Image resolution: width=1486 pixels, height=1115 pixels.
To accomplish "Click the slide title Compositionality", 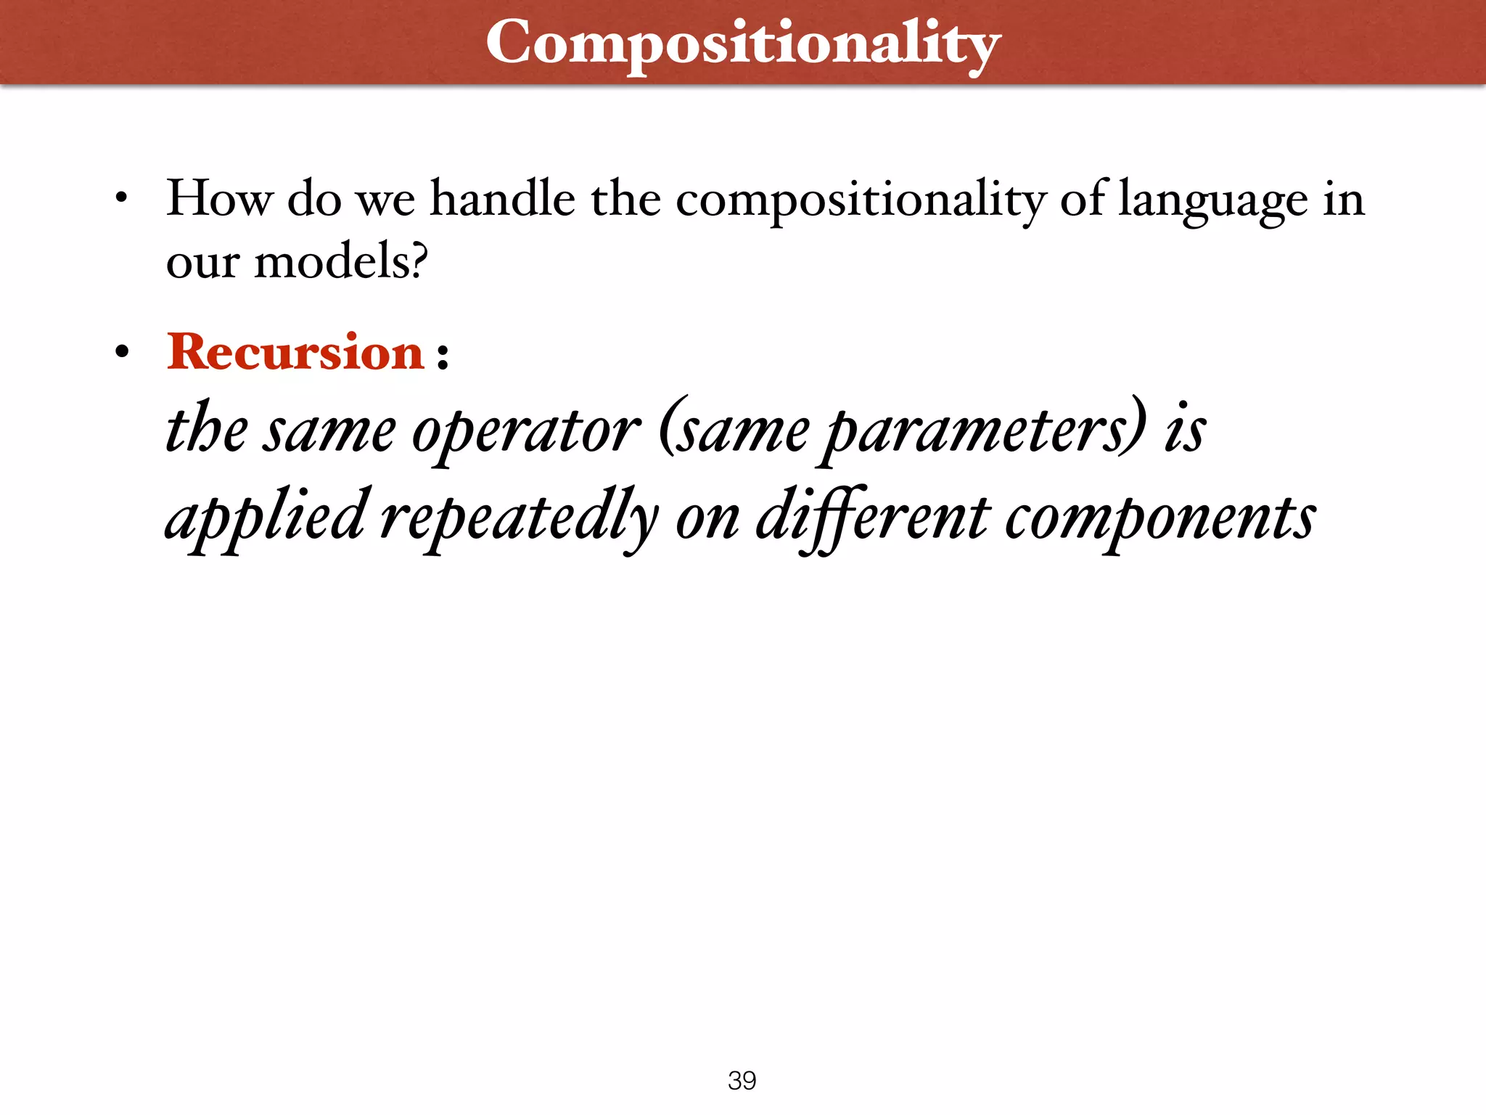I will coord(743,44).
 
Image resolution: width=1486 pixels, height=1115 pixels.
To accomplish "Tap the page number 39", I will coord(742,1080).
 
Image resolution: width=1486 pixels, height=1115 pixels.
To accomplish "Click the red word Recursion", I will coord(295,352).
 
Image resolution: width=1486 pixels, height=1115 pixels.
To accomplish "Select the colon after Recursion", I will coord(443,356).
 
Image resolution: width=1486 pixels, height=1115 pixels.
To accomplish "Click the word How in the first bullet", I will coord(219,198).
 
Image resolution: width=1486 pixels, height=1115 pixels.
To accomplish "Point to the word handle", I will coord(502,198).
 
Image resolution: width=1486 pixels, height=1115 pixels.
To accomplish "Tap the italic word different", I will coord(872,517).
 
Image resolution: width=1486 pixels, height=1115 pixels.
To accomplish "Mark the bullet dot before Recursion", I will coord(122,353).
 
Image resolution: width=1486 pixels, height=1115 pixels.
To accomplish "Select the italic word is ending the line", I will coord(1185,430).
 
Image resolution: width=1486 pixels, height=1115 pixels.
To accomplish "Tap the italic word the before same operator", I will coord(207,430).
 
